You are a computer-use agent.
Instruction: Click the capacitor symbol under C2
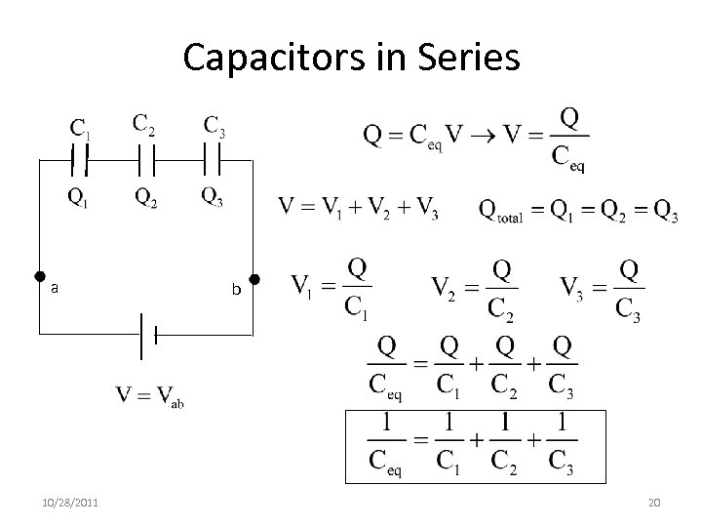pos(146,157)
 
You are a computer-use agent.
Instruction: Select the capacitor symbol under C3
pos(212,157)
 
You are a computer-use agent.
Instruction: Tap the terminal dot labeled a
pos(40,277)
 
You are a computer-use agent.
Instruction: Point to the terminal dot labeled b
pos(254,277)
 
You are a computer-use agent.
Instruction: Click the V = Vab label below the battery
pos(149,396)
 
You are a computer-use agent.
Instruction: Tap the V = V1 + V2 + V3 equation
pos(358,207)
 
